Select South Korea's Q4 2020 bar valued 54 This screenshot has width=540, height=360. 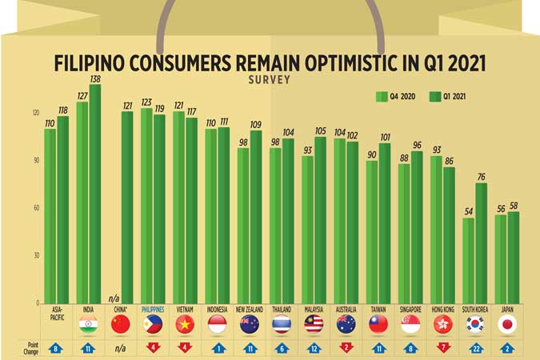[x=468, y=261]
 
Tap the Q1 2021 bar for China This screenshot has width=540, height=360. [x=127, y=207]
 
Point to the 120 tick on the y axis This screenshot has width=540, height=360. [x=34, y=113]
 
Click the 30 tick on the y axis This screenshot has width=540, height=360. [x=34, y=255]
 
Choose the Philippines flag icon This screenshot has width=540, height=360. [x=152, y=325]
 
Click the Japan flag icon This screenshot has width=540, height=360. [x=506, y=325]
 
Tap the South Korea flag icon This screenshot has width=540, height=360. [x=474, y=325]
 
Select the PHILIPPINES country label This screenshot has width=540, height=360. [x=152, y=308]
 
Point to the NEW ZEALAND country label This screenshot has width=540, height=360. [x=249, y=308]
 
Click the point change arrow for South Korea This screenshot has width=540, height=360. [x=474, y=349]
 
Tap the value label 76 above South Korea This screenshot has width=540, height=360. [x=481, y=177]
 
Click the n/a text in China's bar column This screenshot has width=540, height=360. [x=114, y=295]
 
